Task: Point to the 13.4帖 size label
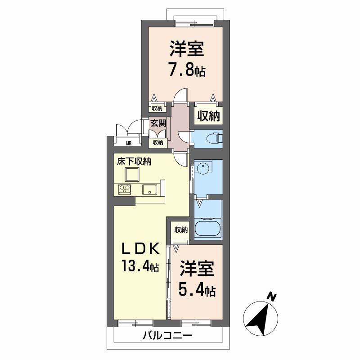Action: [x=140, y=265]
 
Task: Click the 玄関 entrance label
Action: [x=158, y=123]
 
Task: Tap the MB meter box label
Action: [x=129, y=144]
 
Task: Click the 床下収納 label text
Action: [x=134, y=162]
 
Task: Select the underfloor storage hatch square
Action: [x=132, y=174]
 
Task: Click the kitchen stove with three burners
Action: [x=125, y=189]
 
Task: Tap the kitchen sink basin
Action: [x=150, y=189]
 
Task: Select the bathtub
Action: [x=208, y=227]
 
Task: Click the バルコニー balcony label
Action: [x=167, y=336]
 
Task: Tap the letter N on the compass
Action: [x=272, y=297]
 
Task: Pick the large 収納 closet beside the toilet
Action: [x=208, y=116]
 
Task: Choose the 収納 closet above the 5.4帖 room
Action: [x=181, y=232]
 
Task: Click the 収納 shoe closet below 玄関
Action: [x=158, y=142]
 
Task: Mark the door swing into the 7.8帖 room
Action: [x=181, y=95]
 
